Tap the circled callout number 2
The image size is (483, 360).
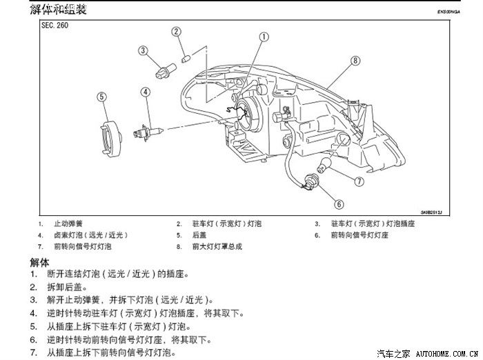point(177,31)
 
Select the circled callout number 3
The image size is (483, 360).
point(143,50)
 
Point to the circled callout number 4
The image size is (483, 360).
point(146,92)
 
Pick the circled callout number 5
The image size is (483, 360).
point(101,97)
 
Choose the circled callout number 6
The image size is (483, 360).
point(339,203)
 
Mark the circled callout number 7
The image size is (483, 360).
point(359,181)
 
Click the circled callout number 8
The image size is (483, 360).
point(355,61)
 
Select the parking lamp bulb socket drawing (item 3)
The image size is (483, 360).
point(165,68)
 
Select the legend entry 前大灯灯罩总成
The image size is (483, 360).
point(217,246)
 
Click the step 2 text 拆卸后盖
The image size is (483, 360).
point(68,286)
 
